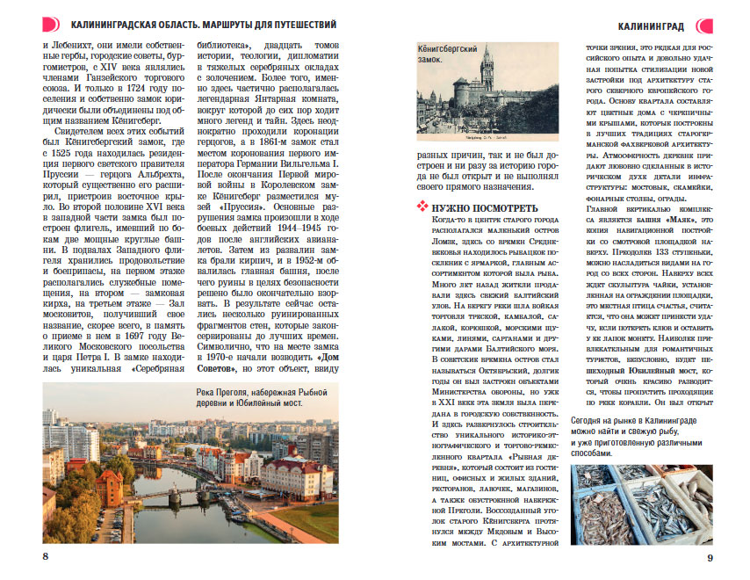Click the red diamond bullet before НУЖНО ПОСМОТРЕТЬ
click(x=421, y=207)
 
